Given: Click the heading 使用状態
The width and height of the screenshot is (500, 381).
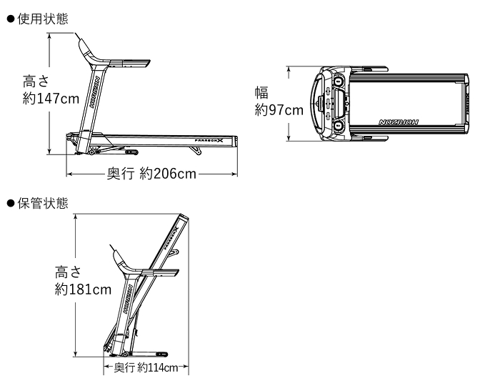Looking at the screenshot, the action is point(43,19).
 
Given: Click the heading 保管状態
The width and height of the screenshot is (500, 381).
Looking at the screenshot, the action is point(43,203).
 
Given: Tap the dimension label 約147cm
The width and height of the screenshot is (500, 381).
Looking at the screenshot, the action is point(51,99).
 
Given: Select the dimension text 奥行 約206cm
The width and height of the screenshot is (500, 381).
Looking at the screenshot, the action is point(151,174).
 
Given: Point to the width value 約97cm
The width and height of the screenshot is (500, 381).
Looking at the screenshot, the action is point(279,110).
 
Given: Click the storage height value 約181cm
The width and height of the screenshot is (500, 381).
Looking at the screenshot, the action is point(83,290).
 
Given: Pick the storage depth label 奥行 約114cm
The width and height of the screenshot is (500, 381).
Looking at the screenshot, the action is point(146,367).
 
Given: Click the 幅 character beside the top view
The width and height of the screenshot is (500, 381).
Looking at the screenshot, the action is point(261,92).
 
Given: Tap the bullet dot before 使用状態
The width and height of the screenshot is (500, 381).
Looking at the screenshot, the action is point(11,19).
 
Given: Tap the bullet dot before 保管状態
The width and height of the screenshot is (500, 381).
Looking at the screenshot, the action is point(11,203).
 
